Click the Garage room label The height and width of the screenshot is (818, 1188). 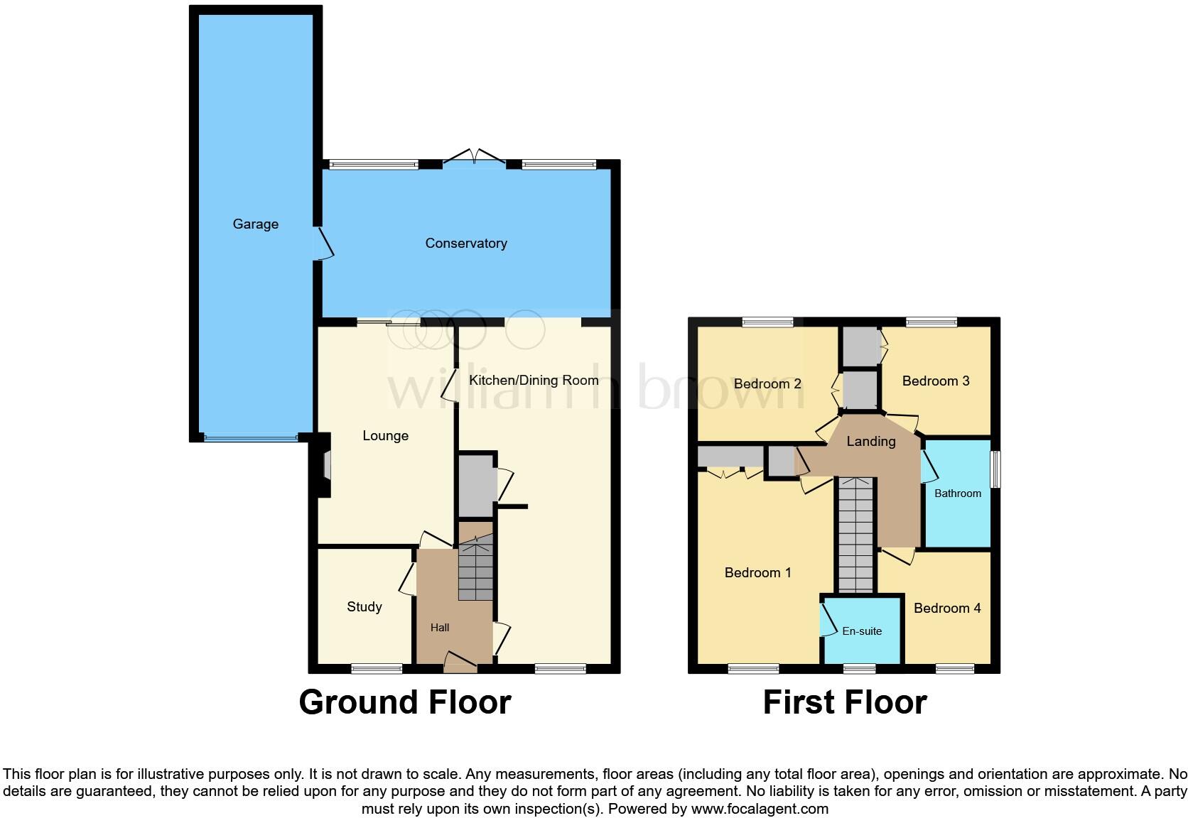coord(255,224)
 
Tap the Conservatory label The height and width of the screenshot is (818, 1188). coord(466,244)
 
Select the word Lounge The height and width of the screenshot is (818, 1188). coord(385,436)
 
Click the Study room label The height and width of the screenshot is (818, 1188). coord(364,607)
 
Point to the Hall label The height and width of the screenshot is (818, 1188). coord(440,628)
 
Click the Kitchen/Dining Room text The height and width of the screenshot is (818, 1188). coord(534,381)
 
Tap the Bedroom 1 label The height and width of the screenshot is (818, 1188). coord(757,573)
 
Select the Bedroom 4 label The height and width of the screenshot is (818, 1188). coord(947,609)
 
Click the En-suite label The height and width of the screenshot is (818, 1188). coord(862,631)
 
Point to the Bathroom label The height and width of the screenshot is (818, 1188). coord(957,493)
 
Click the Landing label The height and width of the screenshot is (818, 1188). coord(870,442)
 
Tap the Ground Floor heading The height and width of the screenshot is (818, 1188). coord(404,702)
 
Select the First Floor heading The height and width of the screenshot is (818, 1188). coord(844,702)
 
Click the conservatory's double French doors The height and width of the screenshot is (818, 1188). coord(475,158)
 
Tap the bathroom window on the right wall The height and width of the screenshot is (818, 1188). coord(996,469)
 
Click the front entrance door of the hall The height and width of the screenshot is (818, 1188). coord(460,662)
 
